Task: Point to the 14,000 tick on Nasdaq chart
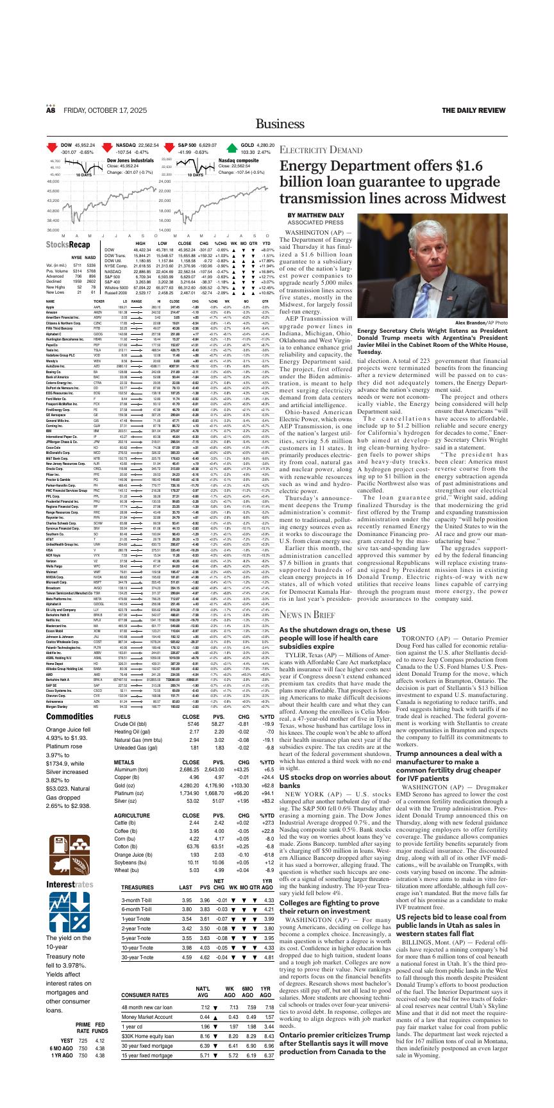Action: pos(164,230)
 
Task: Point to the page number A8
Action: pos(51,110)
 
